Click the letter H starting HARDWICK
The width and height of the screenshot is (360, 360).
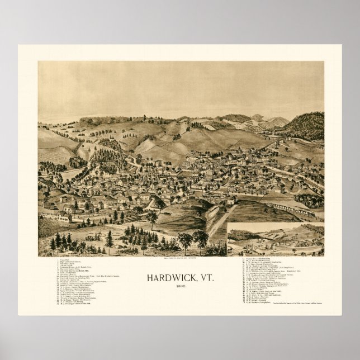click(x=149, y=277)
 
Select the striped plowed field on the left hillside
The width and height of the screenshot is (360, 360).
click(x=56, y=154)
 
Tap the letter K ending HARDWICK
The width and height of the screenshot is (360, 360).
click(x=191, y=277)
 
